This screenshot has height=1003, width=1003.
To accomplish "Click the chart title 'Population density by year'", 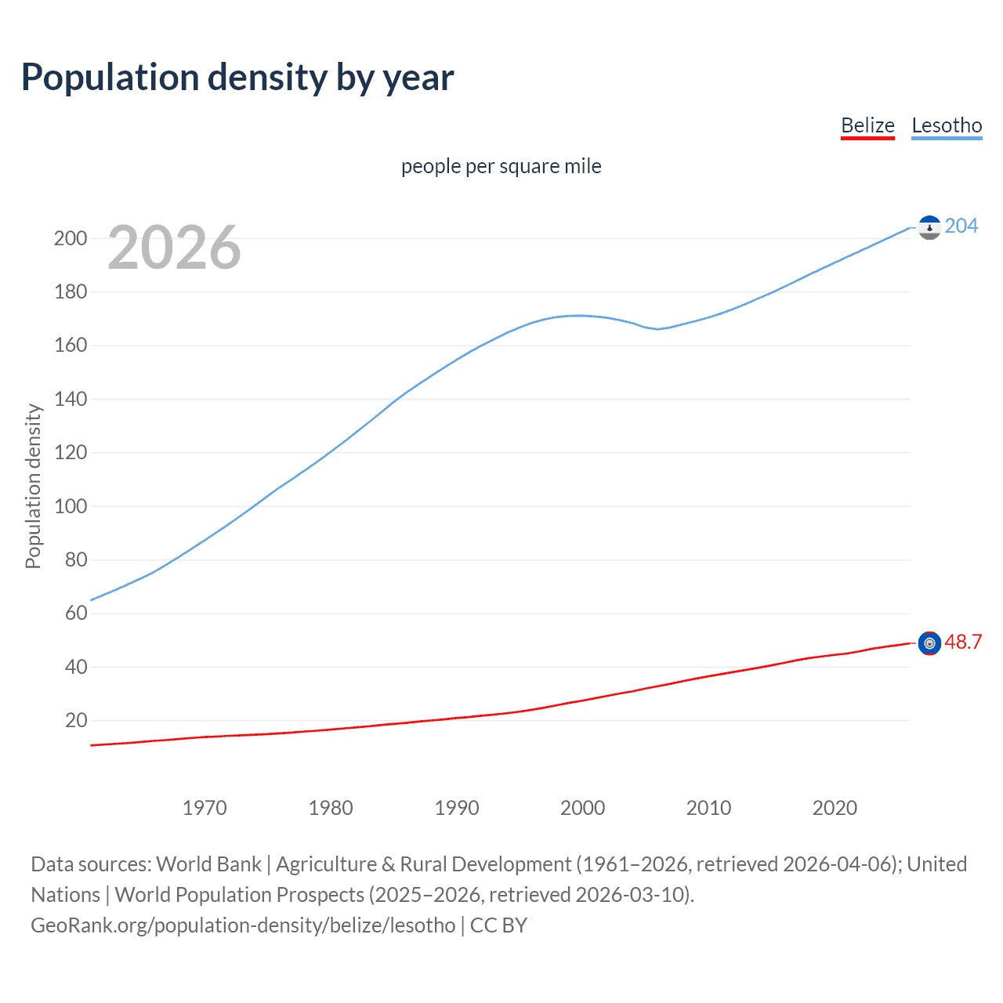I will click(x=237, y=78).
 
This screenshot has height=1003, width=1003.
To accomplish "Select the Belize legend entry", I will click(x=867, y=125).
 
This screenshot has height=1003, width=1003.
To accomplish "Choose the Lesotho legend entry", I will click(x=947, y=125).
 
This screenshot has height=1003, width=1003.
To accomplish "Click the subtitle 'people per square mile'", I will click(x=501, y=166).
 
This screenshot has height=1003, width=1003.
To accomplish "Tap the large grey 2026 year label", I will click(x=174, y=248).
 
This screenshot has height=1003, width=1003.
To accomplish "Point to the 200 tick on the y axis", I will click(x=71, y=238).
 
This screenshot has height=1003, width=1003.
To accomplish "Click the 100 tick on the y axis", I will click(x=71, y=506).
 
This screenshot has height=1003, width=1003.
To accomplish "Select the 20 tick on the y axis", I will click(x=76, y=720).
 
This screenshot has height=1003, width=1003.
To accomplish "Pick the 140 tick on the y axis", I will click(x=71, y=399).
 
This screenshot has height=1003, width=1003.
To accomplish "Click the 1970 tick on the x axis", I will click(x=205, y=808).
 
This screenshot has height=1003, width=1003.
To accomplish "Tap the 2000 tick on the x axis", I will click(x=582, y=808).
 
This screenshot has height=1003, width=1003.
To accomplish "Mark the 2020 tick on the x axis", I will click(x=835, y=808).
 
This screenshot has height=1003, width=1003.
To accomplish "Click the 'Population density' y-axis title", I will click(x=33, y=486).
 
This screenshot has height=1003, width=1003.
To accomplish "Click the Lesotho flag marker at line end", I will click(x=929, y=227).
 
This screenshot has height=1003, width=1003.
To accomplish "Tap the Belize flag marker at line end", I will click(x=929, y=643).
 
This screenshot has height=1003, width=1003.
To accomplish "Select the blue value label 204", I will click(x=961, y=226).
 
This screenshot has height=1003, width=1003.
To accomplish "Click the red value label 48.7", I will click(x=963, y=642).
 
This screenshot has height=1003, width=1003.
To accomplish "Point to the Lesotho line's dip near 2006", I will click(x=657, y=329).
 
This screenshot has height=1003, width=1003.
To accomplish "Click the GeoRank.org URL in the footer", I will click(x=243, y=925).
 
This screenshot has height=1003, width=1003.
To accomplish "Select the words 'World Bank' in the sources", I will click(x=208, y=864).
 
